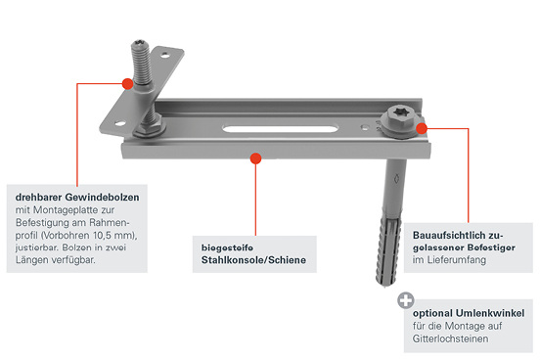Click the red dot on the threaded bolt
pos(128,84)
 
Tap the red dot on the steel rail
pos(255,158)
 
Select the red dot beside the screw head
pos(422,128)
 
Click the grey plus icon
pos(406,300)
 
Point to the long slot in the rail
pos(280,129)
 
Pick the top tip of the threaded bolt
pos(141,41)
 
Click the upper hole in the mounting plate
pos(165,54)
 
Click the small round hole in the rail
pos(364,127)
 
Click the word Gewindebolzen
pos(103,198)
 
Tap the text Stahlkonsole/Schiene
pos(253,260)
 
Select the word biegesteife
pos(227,247)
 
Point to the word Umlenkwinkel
pos(490,313)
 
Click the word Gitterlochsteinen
pos(450,338)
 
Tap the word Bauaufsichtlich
pos(453,236)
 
